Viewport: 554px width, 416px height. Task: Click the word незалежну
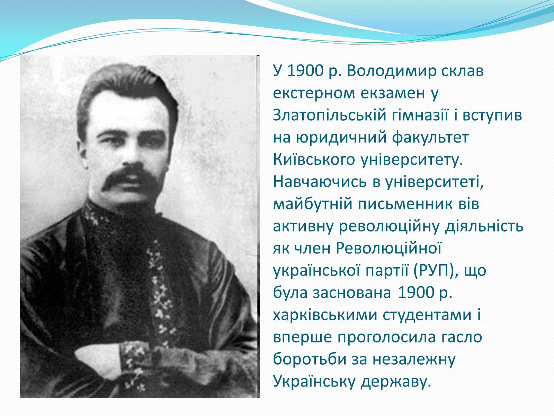pos(414,359)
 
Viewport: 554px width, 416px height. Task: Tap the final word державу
pos(395,382)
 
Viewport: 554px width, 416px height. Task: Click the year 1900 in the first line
pos(305,71)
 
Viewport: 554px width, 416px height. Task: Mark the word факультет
pos(430,138)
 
